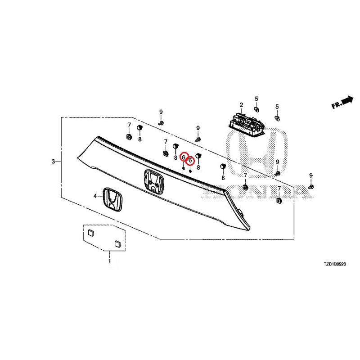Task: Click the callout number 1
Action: tap(109, 261)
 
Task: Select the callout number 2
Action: tap(241, 105)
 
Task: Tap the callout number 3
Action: tap(53, 162)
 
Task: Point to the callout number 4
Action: tap(95, 196)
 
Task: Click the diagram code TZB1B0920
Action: tap(335, 264)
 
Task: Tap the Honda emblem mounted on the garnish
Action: tap(154, 181)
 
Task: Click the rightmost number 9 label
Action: tap(311, 175)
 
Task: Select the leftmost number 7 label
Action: tap(129, 125)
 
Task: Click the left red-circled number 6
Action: tap(184, 157)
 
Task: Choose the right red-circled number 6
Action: tap(190, 161)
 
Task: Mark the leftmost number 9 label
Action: tap(161, 112)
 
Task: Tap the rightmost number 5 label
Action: tap(277, 107)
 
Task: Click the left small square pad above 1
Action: tap(91, 233)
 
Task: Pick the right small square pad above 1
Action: tap(117, 243)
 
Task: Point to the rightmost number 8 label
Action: tap(223, 178)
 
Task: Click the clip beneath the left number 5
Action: tap(256, 108)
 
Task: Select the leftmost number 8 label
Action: tap(139, 139)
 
